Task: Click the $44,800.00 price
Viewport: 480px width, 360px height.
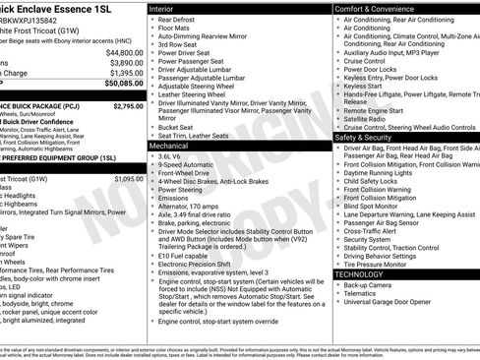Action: (x=123, y=52)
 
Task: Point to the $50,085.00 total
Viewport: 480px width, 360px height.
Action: (x=123, y=84)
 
